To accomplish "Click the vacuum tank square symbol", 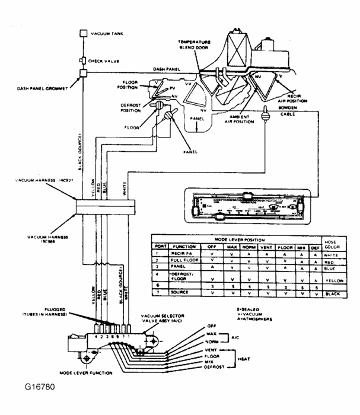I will point(84,34).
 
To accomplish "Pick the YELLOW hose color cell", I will point(335,281).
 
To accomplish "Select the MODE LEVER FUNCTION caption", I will point(90,374).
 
